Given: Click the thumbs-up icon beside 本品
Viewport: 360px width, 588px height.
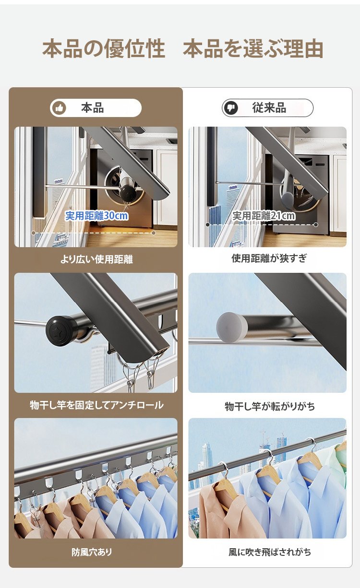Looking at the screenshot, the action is pyautogui.click(x=59, y=108).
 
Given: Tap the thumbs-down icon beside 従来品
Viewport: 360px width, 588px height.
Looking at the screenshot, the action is pyautogui.click(x=231, y=108).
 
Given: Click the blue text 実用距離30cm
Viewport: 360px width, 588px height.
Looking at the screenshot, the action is pyautogui.click(x=96, y=216).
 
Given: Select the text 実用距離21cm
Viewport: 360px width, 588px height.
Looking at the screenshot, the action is pyautogui.click(x=264, y=216).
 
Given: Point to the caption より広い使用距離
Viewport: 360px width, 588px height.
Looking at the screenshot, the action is pyautogui.click(x=96, y=259).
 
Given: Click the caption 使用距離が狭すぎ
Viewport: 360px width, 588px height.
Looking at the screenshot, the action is pyautogui.click(x=269, y=259).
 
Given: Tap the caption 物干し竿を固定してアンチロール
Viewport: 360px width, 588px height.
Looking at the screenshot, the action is pyautogui.click(x=96, y=405).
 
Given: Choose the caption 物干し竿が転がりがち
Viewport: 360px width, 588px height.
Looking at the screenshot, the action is pyautogui.click(x=270, y=406).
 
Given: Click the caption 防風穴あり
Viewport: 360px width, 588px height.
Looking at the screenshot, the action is pyautogui.click(x=92, y=552).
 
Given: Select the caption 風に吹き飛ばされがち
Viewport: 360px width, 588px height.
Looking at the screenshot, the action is pyautogui.click(x=270, y=552).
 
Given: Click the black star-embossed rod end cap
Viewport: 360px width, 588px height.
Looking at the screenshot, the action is pyautogui.click(x=61, y=331).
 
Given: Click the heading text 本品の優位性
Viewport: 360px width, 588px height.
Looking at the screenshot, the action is pyautogui.click(x=104, y=49).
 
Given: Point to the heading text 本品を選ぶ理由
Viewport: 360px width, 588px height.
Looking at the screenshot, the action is pyautogui.click(x=253, y=49).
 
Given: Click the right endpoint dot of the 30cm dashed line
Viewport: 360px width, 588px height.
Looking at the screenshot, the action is pyautogui.click(x=154, y=233).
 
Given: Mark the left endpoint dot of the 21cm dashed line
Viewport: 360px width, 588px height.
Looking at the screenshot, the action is pyautogui.click(x=207, y=225).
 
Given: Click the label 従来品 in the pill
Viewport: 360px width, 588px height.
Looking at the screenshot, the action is pyautogui.click(x=269, y=107).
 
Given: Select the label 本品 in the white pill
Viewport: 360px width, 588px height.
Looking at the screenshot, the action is pyautogui.click(x=92, y=108).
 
